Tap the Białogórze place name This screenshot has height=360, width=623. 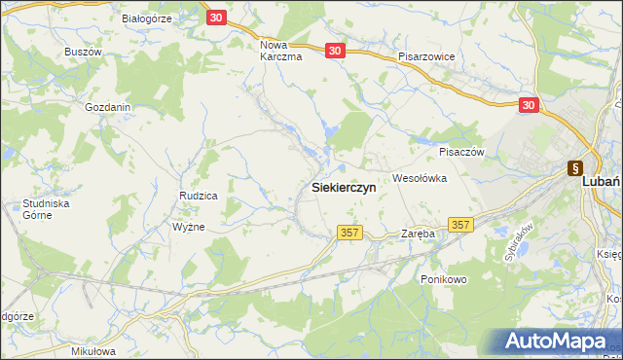pyautogui.click(x=147, y=18)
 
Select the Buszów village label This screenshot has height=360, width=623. pyautogui.click(x=83, y=51)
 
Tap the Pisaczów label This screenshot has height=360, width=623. pyautogui.click(x=461, y=152)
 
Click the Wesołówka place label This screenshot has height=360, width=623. pyautogui.click(x=419, y=178)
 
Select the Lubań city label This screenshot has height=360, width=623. pyautogui.click(x=601, y=181)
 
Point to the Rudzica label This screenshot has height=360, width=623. pyautogui.click(x=198, y=196)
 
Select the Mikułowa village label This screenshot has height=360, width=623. pyautogui.click(x=94, y=350)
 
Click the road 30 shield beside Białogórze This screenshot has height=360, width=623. pyautogui.click(x=217, y=18)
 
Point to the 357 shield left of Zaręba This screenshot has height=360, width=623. pyautogui.click(x=351, y=234)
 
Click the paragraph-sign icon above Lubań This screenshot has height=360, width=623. pyautogui.click(x=576, y=167)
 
